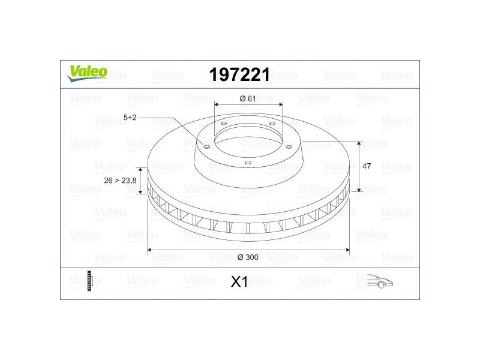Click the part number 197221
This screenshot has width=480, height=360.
(239, 74)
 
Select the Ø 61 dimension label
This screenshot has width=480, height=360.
(248, 98)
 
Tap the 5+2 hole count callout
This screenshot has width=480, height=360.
(130, 117)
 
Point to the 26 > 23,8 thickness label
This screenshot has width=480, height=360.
(120, 181)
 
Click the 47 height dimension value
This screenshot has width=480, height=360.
(367, 166)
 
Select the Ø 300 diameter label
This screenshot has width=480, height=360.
(248, 257)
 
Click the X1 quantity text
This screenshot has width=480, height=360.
(239, 282)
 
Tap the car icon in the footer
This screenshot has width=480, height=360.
(380, 281)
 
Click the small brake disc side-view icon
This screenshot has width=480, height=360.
(89, 281)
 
